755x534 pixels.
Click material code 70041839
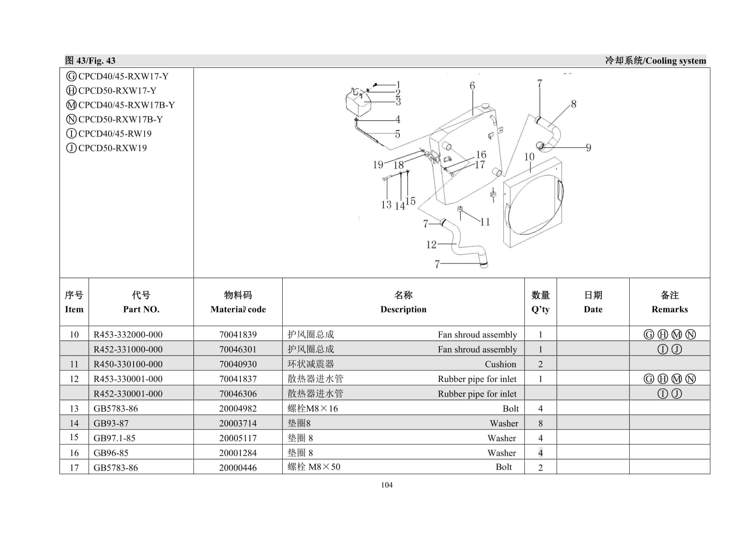(238, 334)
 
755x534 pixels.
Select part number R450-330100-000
(128, 364)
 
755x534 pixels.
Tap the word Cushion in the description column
(500, 364)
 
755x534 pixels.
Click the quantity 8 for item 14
(540, 423)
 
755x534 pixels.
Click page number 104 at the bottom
(387, 485)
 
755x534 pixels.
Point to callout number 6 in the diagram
(472, 86)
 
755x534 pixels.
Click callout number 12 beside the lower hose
(431, 245)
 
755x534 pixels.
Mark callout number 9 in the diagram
(588, 148)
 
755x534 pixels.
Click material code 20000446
(238, 468)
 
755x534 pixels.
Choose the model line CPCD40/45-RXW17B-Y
(126, 105)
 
